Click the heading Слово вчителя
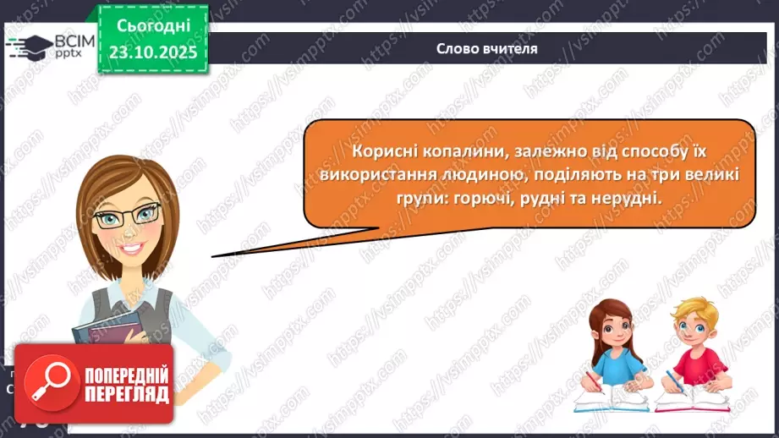tap(486, 49)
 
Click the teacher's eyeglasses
tap(127, 216)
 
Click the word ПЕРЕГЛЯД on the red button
tap(126, 394)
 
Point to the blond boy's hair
tap(693, 309)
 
